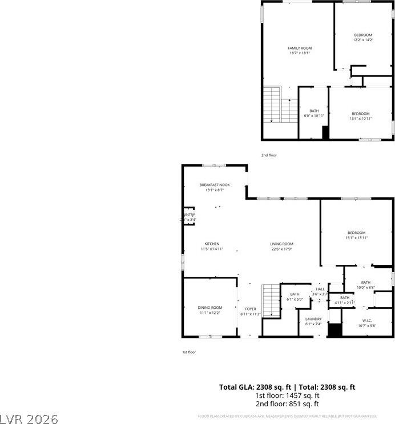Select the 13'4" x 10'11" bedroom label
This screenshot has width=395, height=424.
[x=360, y=116]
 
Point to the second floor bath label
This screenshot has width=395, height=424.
[x=314, y=113]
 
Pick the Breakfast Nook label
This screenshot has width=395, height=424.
[x=214, y=187]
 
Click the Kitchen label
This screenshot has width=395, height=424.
[x=211, y=246]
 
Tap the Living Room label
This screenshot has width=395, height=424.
[x=281, y=246]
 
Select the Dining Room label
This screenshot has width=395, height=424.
[x=209, y=310]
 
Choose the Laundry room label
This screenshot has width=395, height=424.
[x=313, y=321]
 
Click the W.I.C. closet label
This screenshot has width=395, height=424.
[x=365, y=323]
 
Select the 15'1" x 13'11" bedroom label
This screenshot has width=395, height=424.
[x=357, y=235]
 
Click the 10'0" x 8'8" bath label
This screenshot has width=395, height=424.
[x=365, y=285]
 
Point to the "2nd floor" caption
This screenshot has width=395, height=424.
[x=269, y=155]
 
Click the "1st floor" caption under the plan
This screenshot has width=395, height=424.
[x=189, y=352]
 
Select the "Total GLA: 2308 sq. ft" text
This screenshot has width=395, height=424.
[x=253, y=387]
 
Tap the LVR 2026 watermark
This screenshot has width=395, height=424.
[x=30, y=419]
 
